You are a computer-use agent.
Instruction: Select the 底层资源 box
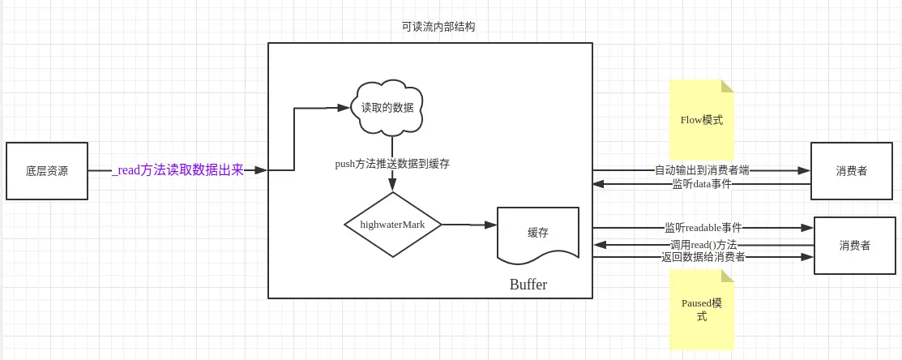(x=47, y=171)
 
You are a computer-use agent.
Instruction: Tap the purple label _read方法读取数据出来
(x=177, y=170)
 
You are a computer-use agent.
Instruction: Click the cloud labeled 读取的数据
(x=387, y=108)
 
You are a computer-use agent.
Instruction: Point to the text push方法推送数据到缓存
(x=392, y=164)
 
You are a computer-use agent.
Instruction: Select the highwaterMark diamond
(x=392, y=225)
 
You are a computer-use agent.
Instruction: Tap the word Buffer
(x=528, y=284)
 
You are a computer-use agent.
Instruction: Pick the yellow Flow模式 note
(x=702, y=120)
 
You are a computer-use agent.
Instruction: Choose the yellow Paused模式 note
(x=702, y=310)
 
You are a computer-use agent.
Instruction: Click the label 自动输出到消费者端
(x=702, y=170)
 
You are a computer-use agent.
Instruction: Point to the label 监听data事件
(x=701, y=184)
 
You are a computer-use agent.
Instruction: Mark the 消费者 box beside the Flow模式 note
(x=852, y=171)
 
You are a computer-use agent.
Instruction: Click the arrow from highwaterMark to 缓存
(x=469, y=225)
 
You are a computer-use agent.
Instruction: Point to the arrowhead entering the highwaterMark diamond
(x=392, y=185)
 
